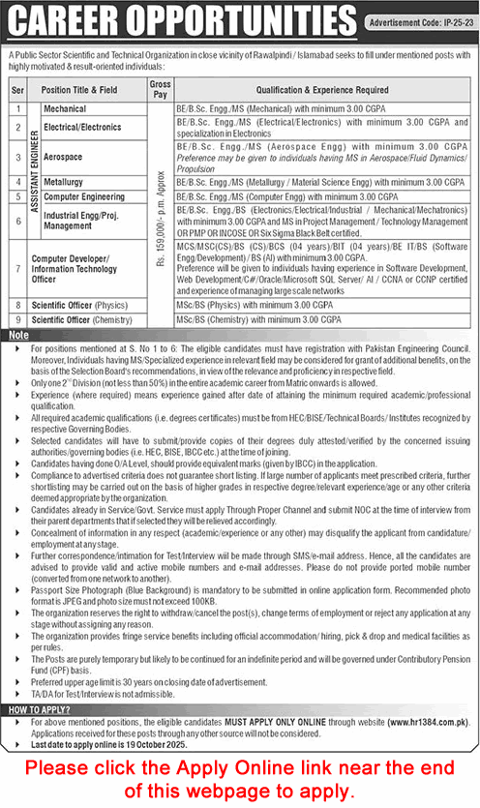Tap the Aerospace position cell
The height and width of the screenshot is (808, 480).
coord(66,156)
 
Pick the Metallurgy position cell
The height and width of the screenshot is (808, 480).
coord(66,181)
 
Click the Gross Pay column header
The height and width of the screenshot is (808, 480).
coord(160,90)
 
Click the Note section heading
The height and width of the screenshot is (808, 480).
coord(17,334)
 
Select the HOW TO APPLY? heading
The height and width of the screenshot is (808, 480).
coord(37,709)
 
